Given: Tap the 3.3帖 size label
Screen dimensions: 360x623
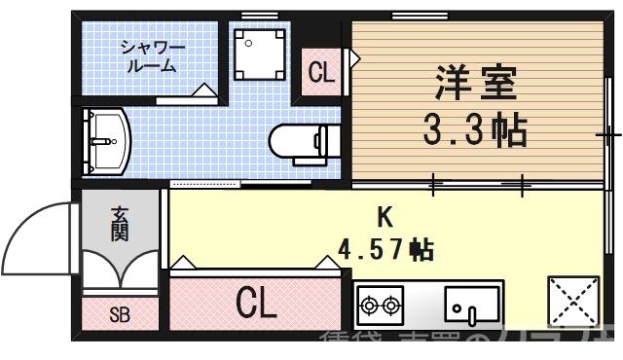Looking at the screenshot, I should click(x=473, y=129).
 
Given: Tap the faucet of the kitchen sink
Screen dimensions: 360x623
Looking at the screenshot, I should click(x=470, y=314).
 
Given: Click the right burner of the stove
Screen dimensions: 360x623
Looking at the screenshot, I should click(x=392, y=306).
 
